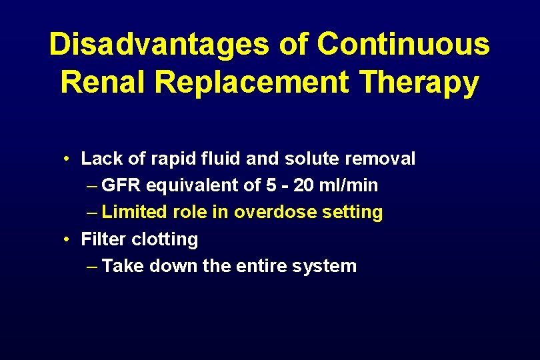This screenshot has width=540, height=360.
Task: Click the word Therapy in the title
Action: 418,83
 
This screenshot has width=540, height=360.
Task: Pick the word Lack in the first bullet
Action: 99,159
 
